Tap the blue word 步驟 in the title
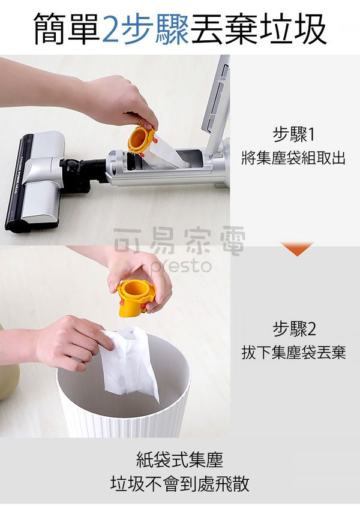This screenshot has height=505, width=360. tap(155, 29)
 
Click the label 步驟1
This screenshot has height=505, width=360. tap(293, 134)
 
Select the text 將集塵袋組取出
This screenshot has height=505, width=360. tap(293, 158)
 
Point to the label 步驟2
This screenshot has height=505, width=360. tap(294, 329)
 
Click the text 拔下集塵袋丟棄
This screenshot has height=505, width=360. tap(293, 352)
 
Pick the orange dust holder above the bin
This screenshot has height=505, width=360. tap(136, 297)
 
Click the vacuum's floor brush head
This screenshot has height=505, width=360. tap(35, 181)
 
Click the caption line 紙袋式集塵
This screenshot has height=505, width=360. tap(179, 459)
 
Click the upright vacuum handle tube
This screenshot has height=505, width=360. tap(217, 103)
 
